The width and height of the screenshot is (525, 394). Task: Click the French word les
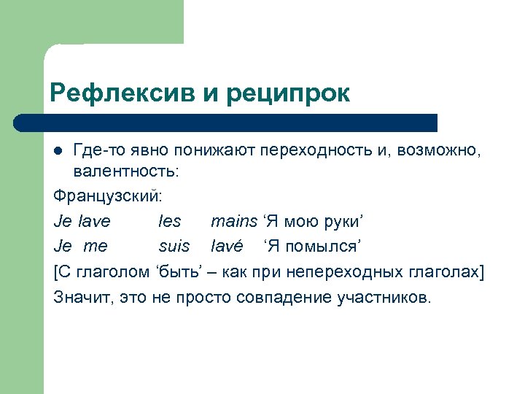pos(169,221)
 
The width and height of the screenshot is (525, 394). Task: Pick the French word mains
pos(233,221)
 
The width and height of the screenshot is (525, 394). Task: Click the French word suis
pos(174,246)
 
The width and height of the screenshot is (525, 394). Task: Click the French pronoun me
pos(96,246)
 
